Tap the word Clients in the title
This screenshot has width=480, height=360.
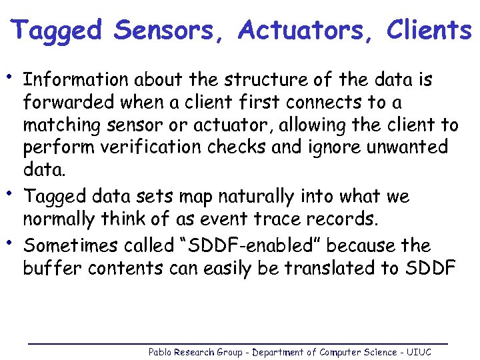tap(429, 31)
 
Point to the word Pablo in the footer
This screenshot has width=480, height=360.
tap(159, 352)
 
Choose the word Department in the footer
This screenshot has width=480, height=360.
tap(275, 352)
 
